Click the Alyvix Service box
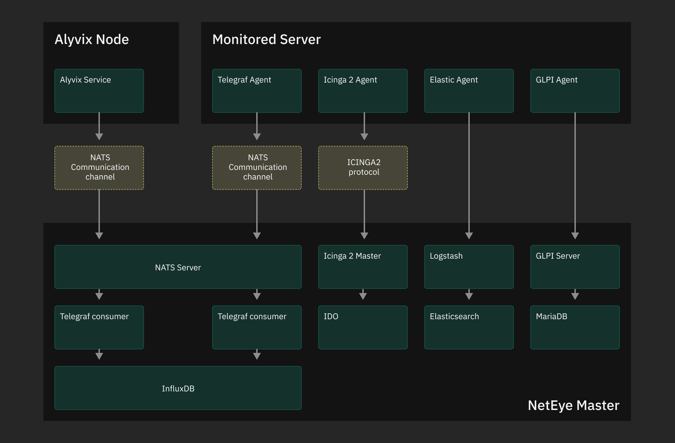(x=99, y=91)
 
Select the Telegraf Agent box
(x=257, y=91)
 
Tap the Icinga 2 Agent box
(x=363, y=91)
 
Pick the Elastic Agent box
(x=469, y=91)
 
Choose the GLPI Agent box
(x=575, y=91)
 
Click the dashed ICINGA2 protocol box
(x=363, y=168)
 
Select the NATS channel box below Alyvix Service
(x=99, y=168)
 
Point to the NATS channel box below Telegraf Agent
(x=257, y=168)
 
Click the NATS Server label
(x=178, y=268)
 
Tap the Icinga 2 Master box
(x=363, y=267)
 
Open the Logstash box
(x=469, y=267)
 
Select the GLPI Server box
(x=575, y=267)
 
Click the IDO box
(x=363, y=327)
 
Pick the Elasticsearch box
(x=469, y=327)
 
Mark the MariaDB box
(x=575, y=327)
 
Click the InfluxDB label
(x=178, y=389)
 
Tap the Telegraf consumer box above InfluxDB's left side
(x=99, y=327)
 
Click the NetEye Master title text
(x=573, y=406)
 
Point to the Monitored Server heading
(x=266, y=40)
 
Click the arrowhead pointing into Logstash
(x=469, y=236)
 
